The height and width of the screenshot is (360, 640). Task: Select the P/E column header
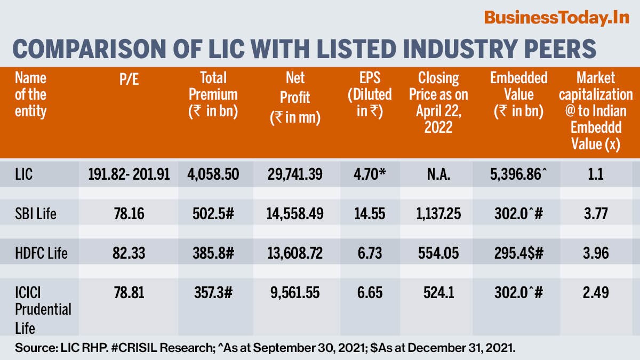coord(128,78)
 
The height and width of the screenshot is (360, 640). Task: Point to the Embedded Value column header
coord(518,94)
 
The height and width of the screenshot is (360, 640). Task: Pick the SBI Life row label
coord(35,214)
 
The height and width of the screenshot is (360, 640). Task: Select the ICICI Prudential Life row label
coord(43,309)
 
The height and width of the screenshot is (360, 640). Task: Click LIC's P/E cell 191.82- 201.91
coord(128,174)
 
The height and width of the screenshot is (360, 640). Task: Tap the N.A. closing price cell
coord(433,174)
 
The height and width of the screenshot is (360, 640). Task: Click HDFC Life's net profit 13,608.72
coord(295,253)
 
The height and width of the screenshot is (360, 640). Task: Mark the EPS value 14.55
coord(369,214)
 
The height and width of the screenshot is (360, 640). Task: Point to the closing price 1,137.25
coord(433,214)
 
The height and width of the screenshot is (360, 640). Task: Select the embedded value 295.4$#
coord(518,253)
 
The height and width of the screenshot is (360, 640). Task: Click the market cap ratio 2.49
coord(596,292)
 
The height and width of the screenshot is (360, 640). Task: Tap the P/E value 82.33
coord(128,253)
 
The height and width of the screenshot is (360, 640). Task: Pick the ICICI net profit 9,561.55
coord(295,292)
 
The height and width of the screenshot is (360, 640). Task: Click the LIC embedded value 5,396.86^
coord(518,174)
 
